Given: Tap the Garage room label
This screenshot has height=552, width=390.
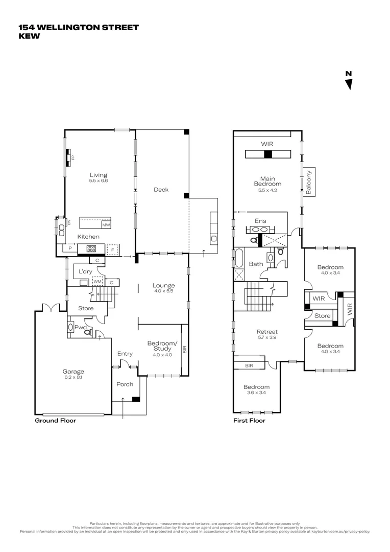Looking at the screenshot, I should click(74, 372).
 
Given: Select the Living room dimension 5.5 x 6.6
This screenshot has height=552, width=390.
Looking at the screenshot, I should click(98, 180).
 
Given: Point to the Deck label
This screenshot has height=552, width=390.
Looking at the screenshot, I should click(161, 190).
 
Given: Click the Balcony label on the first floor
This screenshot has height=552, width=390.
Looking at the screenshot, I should click(309, 182).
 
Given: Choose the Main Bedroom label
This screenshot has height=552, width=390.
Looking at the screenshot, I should click(268, 180).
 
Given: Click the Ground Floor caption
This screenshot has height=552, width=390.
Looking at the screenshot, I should click(55, 421).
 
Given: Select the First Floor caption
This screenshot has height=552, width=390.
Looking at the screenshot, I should click(250, 421).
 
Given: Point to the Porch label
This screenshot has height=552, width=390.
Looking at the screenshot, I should click(125, 384).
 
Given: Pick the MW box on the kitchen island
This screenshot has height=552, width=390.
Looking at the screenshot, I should click(106, 225).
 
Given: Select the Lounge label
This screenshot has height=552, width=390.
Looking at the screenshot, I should click(163, 285).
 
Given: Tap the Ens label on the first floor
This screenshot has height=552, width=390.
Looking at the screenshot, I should click(261, 221).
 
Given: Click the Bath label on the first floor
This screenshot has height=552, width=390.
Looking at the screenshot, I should click(256, 264).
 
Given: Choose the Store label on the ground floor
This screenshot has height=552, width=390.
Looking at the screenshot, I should click(86, 308).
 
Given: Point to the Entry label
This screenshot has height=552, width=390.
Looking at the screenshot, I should click(125, 354).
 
